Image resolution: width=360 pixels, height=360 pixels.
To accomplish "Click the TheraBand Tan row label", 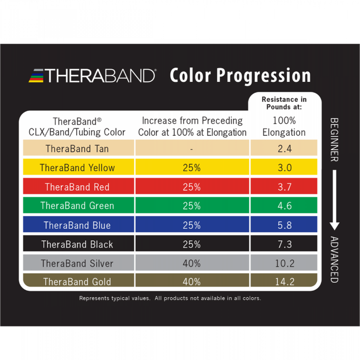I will (x=77, y=149).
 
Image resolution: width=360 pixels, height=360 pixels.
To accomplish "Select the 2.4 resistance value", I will (x=284, y=149).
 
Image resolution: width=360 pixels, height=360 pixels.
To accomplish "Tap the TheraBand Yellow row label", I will (x=77, y=168).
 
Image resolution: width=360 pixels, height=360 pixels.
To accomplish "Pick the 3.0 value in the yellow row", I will (x=284, y=168).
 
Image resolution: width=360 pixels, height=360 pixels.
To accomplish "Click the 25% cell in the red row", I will (x=191, y=187).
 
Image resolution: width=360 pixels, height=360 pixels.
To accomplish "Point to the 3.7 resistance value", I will (x=284, y=187).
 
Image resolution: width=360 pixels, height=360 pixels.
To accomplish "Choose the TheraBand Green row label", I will (x=77, y=206).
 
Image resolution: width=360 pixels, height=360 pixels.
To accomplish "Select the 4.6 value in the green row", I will (x=284, y=206).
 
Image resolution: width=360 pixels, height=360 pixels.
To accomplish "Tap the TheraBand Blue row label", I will (x=77, y=225).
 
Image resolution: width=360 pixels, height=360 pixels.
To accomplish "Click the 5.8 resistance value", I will (x=284, y=225).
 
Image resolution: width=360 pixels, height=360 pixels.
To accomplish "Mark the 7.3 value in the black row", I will (x=284, y=244).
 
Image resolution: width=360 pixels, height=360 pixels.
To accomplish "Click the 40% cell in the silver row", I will (x=191, y=263).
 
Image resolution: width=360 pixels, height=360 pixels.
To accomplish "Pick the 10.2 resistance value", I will (x=284, y=263).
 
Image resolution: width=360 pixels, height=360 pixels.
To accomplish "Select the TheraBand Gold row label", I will (x=77, y=281).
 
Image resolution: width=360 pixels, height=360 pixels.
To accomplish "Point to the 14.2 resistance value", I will (x=284, y=281).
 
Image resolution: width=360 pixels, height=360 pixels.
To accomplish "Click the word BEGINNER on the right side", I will (x=334, y=139).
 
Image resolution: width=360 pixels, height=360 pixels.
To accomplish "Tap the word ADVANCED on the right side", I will (x=334, y=260).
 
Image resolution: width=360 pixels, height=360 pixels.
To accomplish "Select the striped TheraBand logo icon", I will (x=38, y=76).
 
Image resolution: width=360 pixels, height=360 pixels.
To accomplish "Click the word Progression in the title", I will (x=263, y=76).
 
